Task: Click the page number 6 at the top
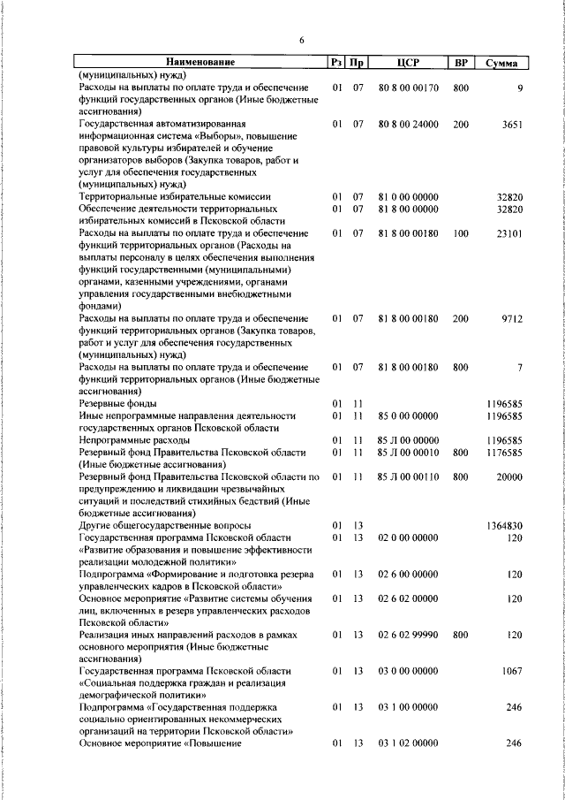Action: (301, 41)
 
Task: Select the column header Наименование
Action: (201, 63)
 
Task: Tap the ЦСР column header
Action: (407, 63)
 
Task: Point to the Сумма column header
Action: (501, 63)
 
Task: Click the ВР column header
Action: (460, 63)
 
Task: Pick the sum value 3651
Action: (513, 126)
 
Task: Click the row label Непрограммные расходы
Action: (134, 439)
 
